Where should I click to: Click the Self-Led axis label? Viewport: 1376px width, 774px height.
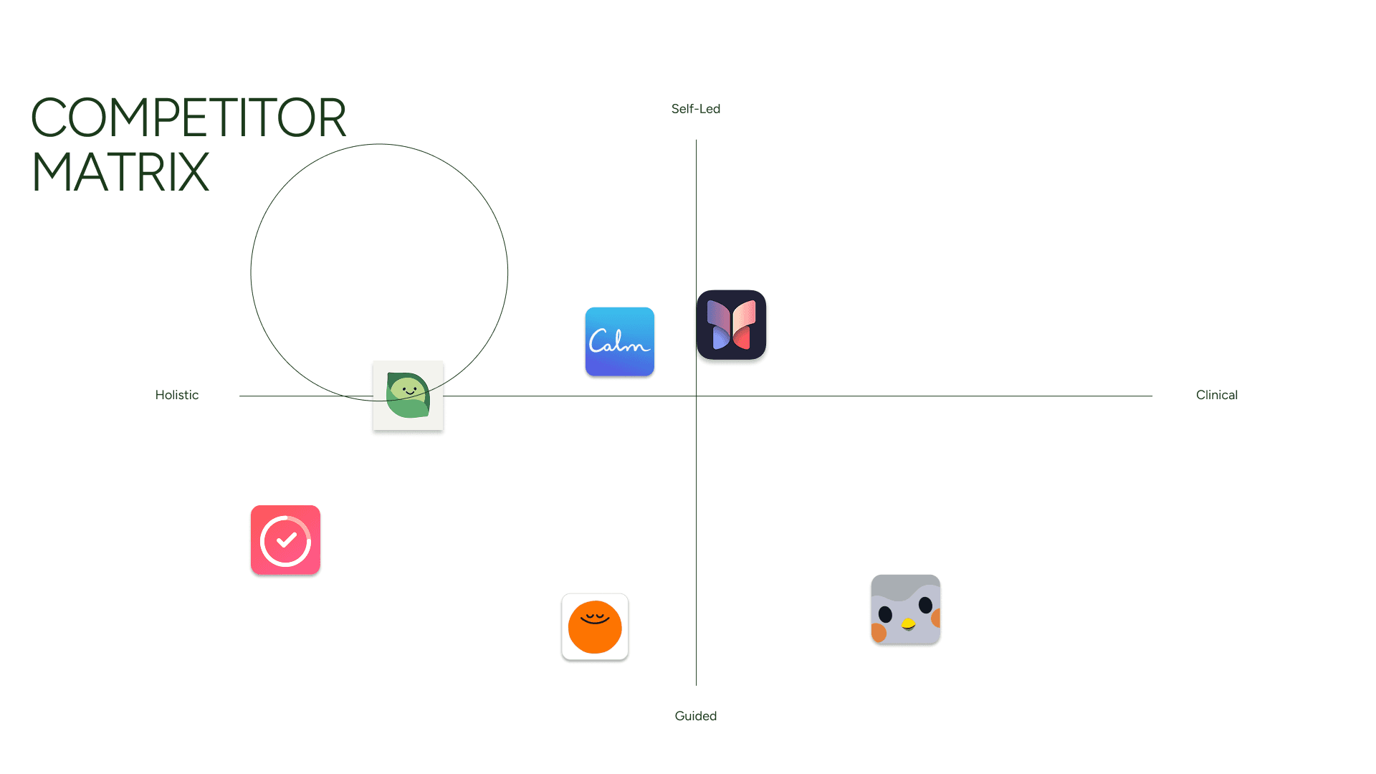click(x=695, y=109)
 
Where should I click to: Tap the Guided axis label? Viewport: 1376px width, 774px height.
click(x=695, y=716)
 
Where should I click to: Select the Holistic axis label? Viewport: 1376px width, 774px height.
click(x=176, y=395)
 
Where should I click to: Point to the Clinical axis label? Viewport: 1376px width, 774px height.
click(x=1216, y=395)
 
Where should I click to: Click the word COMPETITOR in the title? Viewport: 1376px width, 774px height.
click(x=188, y=118)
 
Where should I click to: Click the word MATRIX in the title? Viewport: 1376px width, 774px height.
click(x=120, y=173)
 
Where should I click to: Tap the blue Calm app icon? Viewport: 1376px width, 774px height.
click(x=619, y=341)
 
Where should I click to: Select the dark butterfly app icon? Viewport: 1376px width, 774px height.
click(x=731, y=325)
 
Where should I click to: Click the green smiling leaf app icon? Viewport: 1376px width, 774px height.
click(x=408, y=395)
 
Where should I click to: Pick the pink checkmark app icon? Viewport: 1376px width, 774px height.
click(x=285, y=540)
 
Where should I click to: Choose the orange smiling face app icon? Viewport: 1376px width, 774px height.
click(x=595, y=627)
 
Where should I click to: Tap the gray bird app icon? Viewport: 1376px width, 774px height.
click(x=905, y=609)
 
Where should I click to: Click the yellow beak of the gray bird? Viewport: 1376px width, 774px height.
click(x=908, y=623)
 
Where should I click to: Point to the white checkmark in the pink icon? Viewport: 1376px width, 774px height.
click(x=286, y=540)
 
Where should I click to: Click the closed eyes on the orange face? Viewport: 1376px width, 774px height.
click(x=594, y=616)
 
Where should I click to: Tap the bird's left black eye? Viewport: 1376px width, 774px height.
click(x=885, y=614)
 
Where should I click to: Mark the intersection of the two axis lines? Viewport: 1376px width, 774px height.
click(x=696, y=396)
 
